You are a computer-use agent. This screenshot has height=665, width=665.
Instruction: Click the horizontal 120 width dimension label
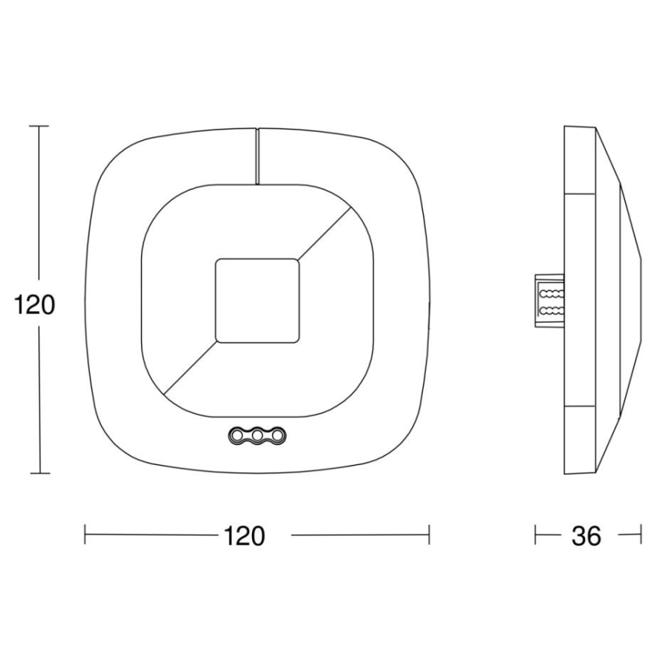coord(244,536)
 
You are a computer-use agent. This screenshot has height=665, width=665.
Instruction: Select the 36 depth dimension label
coord(587,536)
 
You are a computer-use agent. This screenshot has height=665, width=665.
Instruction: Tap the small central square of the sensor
coord(257,300)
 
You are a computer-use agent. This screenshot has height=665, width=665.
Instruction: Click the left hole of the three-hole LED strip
coord(237,435)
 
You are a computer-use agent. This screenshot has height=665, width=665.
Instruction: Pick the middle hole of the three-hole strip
coord(257,435)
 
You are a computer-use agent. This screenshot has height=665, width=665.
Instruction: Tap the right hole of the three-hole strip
coord(277,435)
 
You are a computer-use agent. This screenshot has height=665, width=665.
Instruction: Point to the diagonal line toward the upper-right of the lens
coord(325,232)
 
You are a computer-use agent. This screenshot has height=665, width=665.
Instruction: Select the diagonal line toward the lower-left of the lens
coord(189,367)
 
